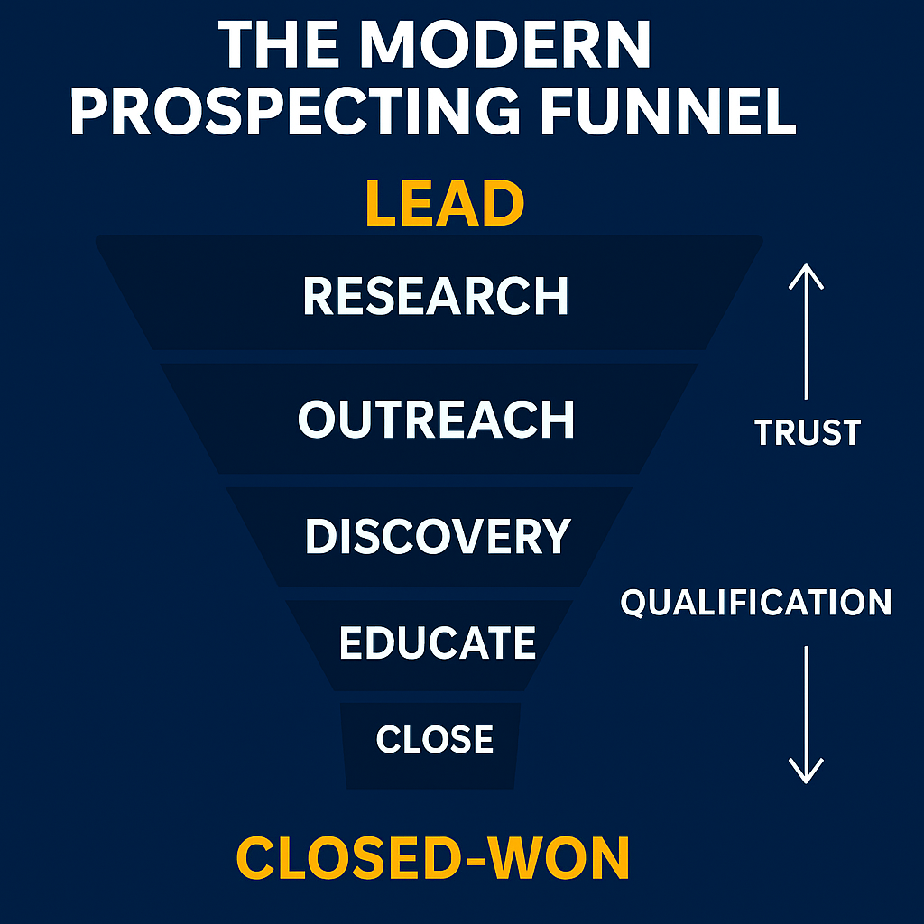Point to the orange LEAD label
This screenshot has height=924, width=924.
point(445,204)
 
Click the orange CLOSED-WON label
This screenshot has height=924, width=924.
point(433,857)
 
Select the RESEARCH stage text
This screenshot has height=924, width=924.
point(436,296)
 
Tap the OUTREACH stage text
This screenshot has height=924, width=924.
point(436,420)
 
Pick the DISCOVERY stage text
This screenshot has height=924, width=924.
point(438,536)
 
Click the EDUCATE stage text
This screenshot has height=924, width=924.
point(438,642)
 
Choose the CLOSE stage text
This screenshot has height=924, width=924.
point(435,740)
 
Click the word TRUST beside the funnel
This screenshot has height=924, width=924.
point(808,433)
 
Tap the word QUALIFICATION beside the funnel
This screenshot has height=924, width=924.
point(755,602)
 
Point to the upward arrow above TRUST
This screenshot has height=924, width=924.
point(806,334)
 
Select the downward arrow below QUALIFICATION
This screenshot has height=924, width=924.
point(806,713)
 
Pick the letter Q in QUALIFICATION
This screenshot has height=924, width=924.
point(635,603)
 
